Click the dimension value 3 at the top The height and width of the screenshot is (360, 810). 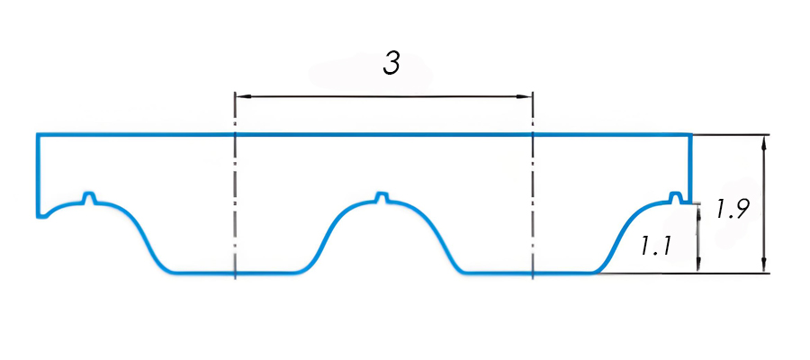[391, 64]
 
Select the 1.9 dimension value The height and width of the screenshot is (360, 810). [730, 208]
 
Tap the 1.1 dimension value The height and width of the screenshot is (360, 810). [655, 246]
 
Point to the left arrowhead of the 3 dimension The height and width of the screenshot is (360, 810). [243, 96]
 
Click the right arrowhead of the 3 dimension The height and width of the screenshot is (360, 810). [525, 96]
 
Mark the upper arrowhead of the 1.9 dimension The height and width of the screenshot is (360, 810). [763, 143]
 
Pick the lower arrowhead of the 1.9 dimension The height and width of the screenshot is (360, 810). [763, 265]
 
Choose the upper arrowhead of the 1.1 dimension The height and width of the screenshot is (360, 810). [697, 211]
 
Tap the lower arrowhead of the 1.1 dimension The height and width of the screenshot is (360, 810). [697, 264]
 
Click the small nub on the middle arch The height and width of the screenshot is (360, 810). [382, 198]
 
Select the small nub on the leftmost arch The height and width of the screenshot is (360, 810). [90, 198]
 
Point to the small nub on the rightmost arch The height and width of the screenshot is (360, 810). [675, 197]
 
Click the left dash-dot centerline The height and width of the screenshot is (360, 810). [235, 186]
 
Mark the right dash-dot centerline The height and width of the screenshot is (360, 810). [532, 186]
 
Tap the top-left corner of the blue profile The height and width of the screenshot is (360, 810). [38, 135]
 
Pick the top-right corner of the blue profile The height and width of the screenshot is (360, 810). [690, 135]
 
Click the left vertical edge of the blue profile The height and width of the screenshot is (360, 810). [38, 175]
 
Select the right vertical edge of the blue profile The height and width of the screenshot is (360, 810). [690, 168]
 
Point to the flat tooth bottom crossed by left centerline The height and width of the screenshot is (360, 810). [235, 272]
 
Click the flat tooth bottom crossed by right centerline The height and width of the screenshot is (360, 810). [532, 272]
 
